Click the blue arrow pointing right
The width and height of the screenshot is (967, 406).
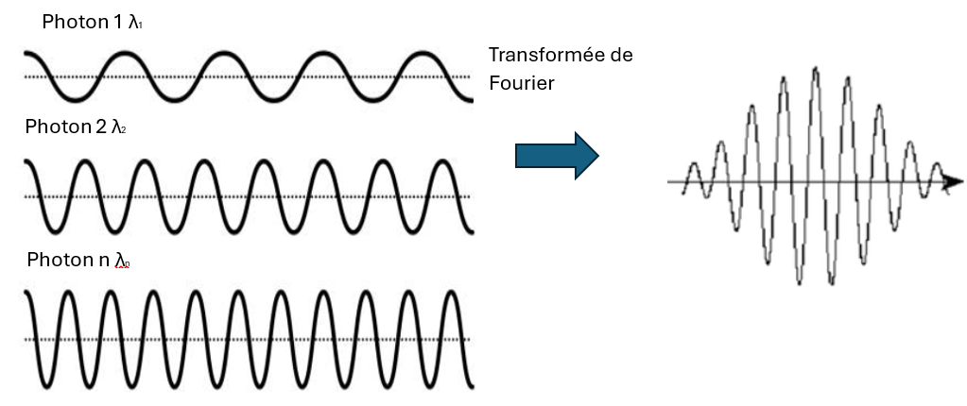557,154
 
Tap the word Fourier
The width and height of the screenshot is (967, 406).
521,83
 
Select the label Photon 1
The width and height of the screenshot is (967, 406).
78,22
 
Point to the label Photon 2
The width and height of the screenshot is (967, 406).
63,126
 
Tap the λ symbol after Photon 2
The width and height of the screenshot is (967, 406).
117,127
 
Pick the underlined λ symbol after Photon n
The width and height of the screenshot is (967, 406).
122,260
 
